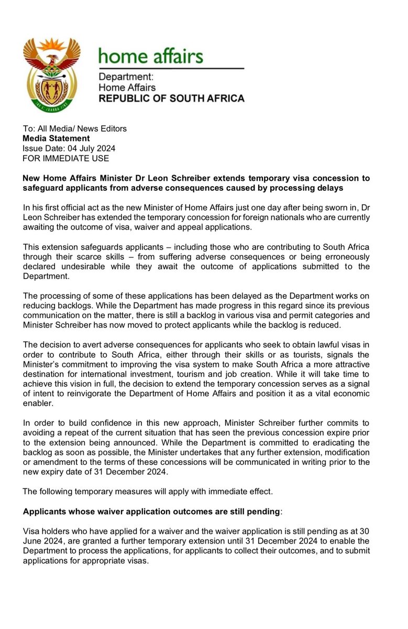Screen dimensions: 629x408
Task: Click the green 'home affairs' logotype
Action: point(151,56)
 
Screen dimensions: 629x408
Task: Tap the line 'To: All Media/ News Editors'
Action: point(74,129)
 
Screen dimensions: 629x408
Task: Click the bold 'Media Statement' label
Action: point(56,138)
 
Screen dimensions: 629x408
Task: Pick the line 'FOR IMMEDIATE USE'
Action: point(65,158)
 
